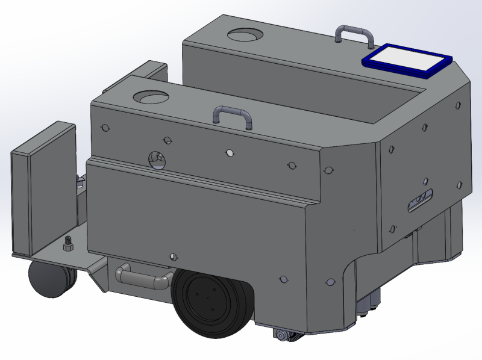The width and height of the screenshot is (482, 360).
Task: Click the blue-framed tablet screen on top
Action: [408, 59]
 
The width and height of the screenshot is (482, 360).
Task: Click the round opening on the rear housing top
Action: [245, 35]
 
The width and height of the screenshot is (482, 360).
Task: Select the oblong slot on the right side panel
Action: [419, 200]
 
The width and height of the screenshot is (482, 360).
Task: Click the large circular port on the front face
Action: [157, 160]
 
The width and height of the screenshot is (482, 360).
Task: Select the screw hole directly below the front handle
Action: [229, 152]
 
